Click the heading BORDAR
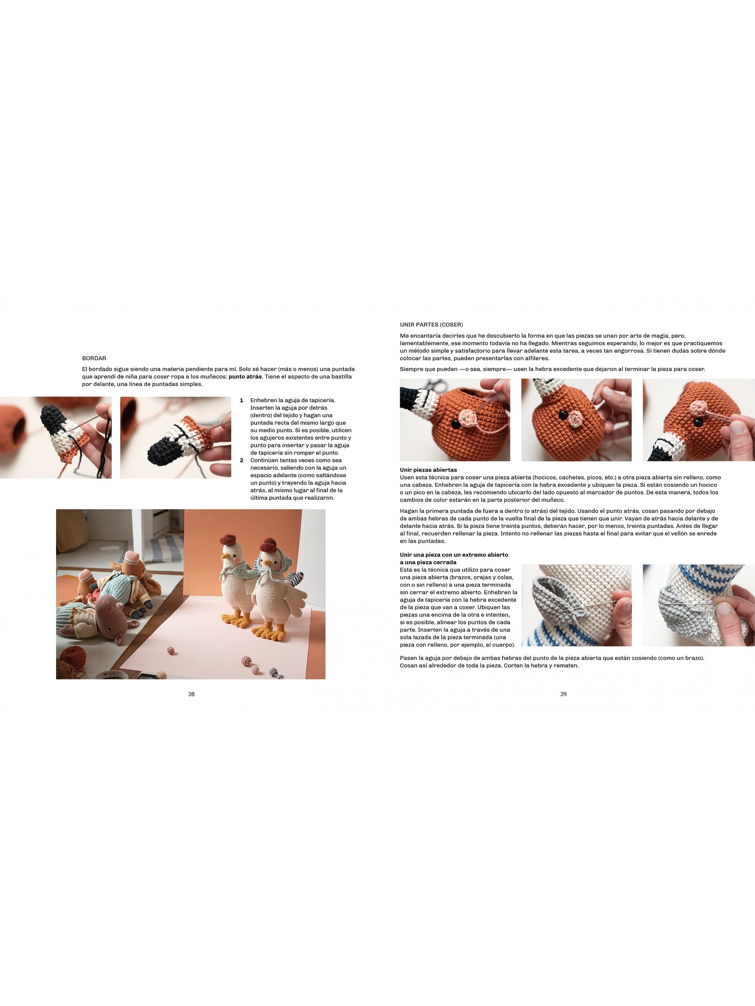click(94, 358)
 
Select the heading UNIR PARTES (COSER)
click(431, 325)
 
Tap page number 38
click(191, 694)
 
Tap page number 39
click(563, 694)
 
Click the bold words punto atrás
click(245, 376)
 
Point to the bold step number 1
click(241, 400)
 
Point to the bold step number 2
click(241, 461)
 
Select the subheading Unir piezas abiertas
click(428, 470)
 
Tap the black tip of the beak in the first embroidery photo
click(50, 416)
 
